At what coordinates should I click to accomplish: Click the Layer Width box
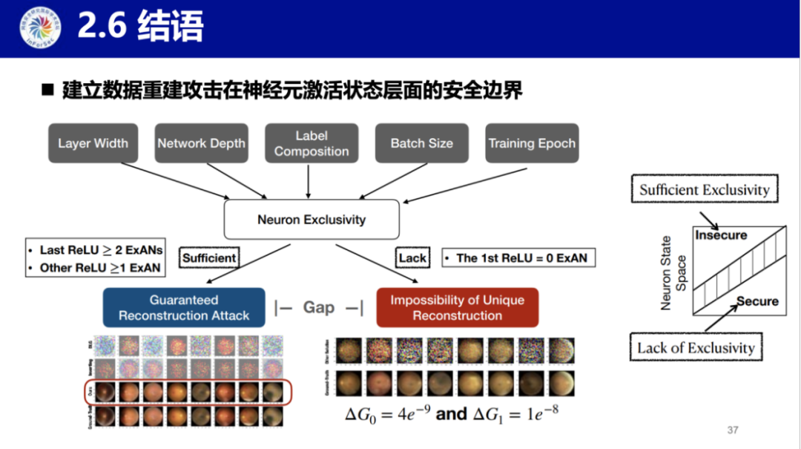coord(93,143)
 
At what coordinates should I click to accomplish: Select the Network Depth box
coord(201,143)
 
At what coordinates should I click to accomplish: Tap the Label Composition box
coord(311,143)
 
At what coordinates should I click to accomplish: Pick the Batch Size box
coord(421,143)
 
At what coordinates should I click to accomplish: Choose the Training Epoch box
coord(532,143)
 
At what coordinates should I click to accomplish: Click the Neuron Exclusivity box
coord(311,220)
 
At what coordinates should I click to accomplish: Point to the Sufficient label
coord(209,258)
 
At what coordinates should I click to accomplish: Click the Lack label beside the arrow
coord(412,258)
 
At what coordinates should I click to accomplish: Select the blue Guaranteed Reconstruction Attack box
coord(184,308)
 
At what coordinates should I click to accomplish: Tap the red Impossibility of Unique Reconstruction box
coord(457,308)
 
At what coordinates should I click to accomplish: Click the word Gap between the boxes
coord(318,307)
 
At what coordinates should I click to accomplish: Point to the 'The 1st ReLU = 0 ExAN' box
coord(519,258)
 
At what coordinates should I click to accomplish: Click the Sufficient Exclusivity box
coord(704,189)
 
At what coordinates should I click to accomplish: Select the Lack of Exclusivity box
coord(696,347)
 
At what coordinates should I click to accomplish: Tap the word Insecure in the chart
coord(721,235)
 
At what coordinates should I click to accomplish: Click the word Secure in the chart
coord(757,301)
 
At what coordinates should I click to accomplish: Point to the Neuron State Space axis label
coord(673,272)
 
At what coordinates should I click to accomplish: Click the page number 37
coord(733,430)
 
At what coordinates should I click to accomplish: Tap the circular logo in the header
coord(40,28)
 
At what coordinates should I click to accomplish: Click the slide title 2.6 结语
coord(140,28)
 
